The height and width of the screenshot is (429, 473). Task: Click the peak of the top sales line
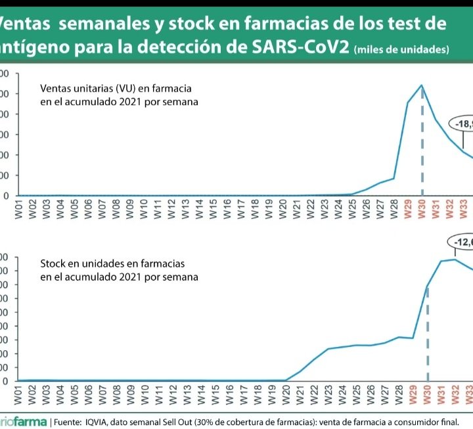pyautogui.click(x=421, y=85)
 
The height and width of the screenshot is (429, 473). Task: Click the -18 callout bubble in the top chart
pyautogui.click(x=461, y=124)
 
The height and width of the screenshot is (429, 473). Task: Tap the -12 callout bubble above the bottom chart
pyautogui.click(x=462, y=242)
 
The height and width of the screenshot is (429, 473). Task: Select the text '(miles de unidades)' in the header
pyautogui.click(x=401, y=51)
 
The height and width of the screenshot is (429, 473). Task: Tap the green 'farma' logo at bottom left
pyautogui.click(x=26, y=421)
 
